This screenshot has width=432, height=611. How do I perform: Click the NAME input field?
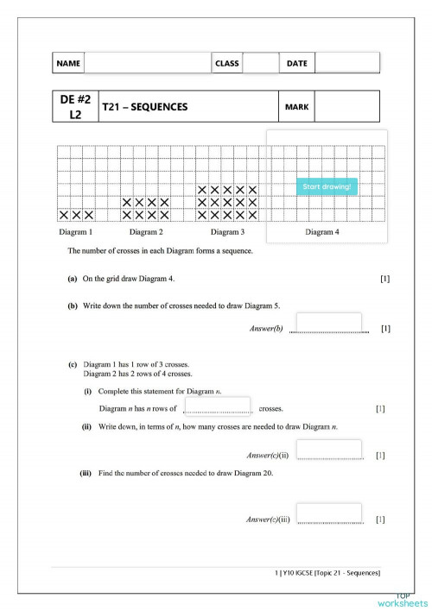click(147, 63)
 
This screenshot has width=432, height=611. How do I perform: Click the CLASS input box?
click(260, 63)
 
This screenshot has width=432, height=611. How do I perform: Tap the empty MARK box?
click(347, 107)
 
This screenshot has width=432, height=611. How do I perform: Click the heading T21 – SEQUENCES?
click(145, 107)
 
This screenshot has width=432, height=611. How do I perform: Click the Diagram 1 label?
click(76, 232)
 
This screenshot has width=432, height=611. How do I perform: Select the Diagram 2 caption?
click(146, 232)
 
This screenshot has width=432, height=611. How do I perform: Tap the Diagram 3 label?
click(227, 232)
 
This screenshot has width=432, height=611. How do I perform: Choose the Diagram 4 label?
click(322, 232)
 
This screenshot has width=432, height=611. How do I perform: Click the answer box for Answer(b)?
click(328, 323)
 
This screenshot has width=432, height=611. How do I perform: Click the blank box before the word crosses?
click(218, 406)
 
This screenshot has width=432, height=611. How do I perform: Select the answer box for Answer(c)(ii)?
click(328, 450)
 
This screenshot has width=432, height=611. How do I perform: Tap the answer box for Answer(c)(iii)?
click(328, 513)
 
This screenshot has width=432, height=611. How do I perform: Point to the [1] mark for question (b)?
click(385, 329)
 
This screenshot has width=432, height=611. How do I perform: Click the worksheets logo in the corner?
click(403, 599)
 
